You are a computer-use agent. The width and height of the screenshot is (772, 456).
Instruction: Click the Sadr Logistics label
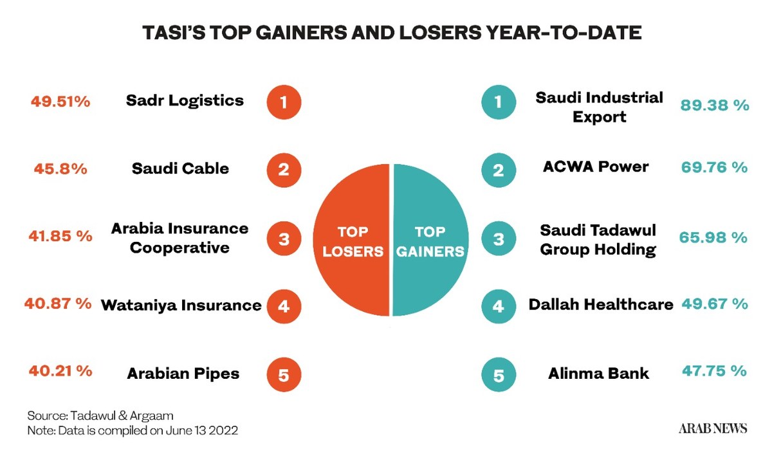(185, 100)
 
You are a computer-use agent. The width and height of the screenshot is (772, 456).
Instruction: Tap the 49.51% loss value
(60, 101)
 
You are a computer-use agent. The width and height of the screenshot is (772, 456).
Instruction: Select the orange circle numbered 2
(284, 170)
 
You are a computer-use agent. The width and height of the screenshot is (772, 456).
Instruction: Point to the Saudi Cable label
(180, 169)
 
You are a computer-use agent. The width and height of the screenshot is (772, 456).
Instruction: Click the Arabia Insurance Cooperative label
(179, 237)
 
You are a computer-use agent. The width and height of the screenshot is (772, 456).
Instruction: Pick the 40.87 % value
(58, 304)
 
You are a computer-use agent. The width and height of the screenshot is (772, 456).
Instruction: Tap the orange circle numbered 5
(284, 374)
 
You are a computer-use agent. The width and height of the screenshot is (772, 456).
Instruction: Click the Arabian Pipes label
(183, 373)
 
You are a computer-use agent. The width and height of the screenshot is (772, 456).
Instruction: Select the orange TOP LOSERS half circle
(352, 240)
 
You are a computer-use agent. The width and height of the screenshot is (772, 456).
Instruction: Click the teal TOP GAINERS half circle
(429, 240)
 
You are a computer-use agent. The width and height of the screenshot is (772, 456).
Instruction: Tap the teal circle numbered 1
(499, 102)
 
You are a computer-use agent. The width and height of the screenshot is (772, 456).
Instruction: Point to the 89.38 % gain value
(715, 105)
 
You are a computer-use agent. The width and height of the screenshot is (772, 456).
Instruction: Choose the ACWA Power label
(595, 167)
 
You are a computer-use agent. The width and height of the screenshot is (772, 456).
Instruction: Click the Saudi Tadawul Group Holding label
(598, 239)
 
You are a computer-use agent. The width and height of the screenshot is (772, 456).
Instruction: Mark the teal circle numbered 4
(499, 306)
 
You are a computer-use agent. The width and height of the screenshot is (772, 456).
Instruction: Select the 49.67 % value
(713, 304)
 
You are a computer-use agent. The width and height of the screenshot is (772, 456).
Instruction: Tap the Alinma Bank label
(598, 373)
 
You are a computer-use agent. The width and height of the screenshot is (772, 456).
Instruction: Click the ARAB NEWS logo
(713, 428)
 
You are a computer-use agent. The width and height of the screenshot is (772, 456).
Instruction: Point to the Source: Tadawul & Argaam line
(100, 415)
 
